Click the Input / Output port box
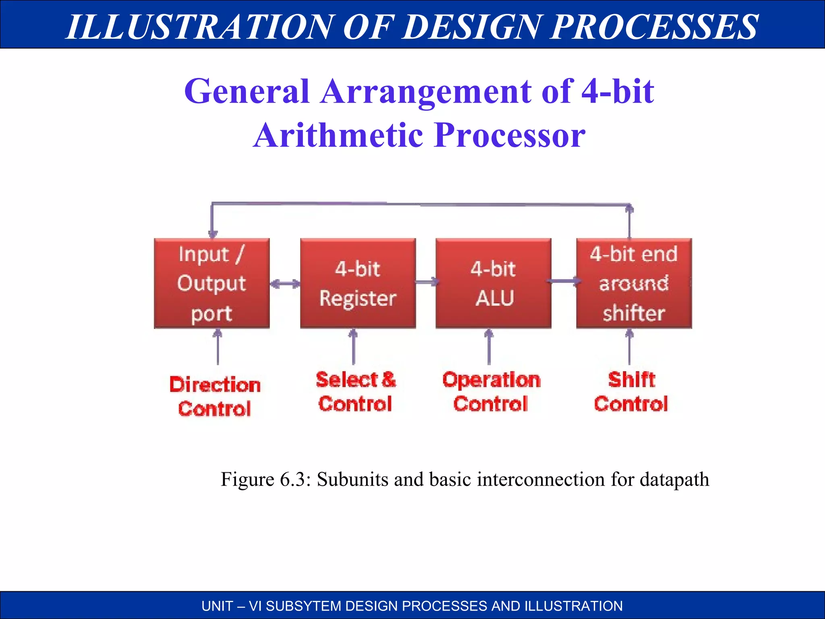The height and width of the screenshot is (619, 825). pyautogui.click(x=212, y=283)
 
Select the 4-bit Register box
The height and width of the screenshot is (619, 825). pyautogui.click(x=358, y=283)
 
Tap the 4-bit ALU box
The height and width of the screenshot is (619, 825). pyautogui.click(x=493, y=283)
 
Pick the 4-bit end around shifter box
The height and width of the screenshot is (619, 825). pyautogui.click(x=634, y=283)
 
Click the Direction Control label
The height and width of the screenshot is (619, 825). pyautogui.click(x=215, y=397)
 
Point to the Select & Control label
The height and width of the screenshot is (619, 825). pyautogui.click(x=355, y=392)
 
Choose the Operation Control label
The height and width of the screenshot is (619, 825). pyautogui.click(x=491, y=392)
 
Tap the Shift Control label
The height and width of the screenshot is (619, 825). pyautogui.click(x=631, y=392)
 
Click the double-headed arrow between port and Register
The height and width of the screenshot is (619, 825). pyautogui.click(x=285, y=284)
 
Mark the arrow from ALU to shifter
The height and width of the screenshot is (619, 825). pyautogui.click(x=564, y=281)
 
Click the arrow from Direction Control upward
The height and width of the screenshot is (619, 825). pyautogui.click(x=218, y=347)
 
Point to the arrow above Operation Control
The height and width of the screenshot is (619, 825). pyautogui.click(x=489, y=347)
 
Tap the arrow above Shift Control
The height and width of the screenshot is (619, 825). pyautogui.click(x=629, y=347)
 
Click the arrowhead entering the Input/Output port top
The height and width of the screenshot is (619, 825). pyautogui.click(x=213, y=233)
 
